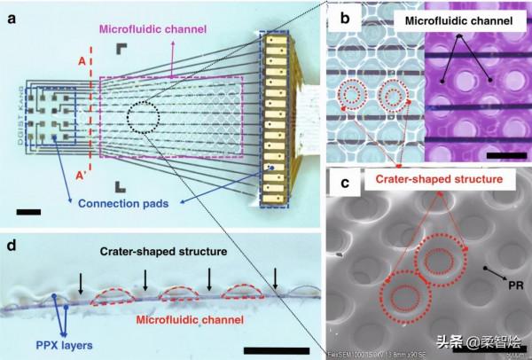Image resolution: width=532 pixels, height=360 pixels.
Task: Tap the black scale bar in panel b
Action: point(503,157)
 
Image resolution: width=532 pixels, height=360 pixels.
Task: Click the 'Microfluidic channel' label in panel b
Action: point(455,20)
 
